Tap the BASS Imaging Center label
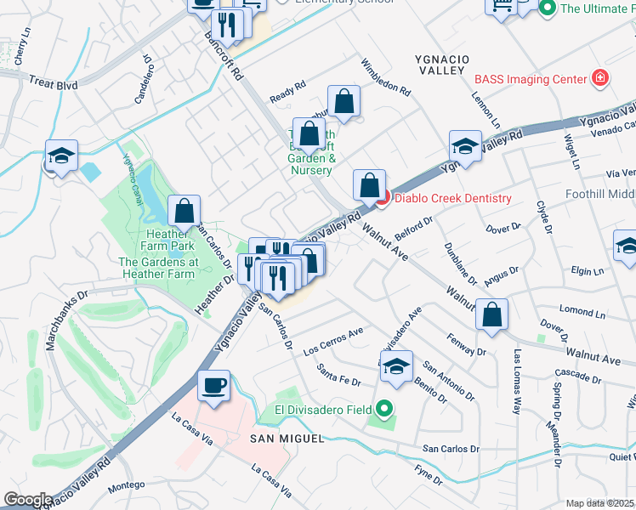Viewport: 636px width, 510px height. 531,79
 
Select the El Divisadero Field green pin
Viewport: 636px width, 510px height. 384,411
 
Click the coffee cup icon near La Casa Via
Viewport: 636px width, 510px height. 213,385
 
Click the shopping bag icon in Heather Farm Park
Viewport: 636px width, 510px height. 184,210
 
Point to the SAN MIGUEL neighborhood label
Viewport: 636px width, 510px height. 287,438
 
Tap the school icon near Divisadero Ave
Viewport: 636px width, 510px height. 396,365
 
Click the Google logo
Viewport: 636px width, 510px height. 28,500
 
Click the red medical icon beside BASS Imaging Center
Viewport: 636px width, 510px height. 600,79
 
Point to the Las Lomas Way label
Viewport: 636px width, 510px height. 515,381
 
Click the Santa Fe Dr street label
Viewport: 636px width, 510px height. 338,374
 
